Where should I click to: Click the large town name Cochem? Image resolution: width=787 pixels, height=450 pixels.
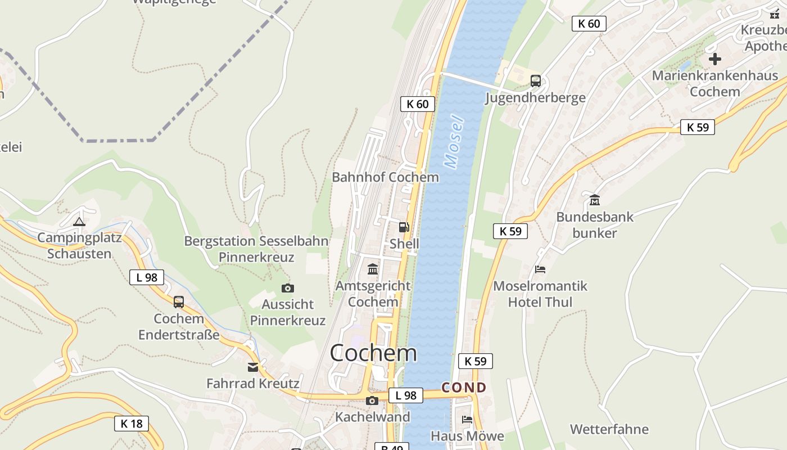pos(373,353)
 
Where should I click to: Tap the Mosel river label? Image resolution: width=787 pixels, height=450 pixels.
pos(454,142)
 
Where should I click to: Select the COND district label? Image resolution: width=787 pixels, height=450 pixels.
pos(464,388)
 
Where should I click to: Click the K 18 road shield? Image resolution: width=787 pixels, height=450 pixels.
pos(132,424)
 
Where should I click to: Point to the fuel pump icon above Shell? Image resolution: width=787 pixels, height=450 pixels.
pos(404,227)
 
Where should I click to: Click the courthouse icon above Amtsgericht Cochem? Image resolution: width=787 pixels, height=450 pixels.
pos(372,269)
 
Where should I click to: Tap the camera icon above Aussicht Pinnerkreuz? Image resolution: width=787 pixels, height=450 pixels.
pos(287,289)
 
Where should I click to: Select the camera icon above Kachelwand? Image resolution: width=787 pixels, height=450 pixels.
pos(372,400)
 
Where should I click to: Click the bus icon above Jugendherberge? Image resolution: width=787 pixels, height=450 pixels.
pos(535,81)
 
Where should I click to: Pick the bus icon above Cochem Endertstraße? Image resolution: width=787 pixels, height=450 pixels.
pos(178,302)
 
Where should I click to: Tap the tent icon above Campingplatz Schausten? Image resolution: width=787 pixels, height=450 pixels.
pos(79,222)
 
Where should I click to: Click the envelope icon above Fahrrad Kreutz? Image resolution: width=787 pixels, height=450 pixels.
pos(253,367)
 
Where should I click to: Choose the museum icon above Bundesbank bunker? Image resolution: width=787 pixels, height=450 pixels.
pos(594,200)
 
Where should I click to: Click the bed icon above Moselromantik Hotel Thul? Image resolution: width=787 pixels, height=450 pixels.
pos(540,269)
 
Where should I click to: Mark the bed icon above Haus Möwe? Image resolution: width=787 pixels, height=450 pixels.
pos(467,419)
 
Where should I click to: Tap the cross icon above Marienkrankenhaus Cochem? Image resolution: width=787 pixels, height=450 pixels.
pos(714,58)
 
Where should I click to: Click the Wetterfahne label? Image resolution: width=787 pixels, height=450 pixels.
pos(609,429)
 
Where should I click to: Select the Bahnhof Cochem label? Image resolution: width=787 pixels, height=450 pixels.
pos(385,177)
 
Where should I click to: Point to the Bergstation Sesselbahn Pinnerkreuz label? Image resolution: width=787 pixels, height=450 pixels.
pos(256,249)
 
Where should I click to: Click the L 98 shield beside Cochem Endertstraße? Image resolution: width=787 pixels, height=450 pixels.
pos(147,277)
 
